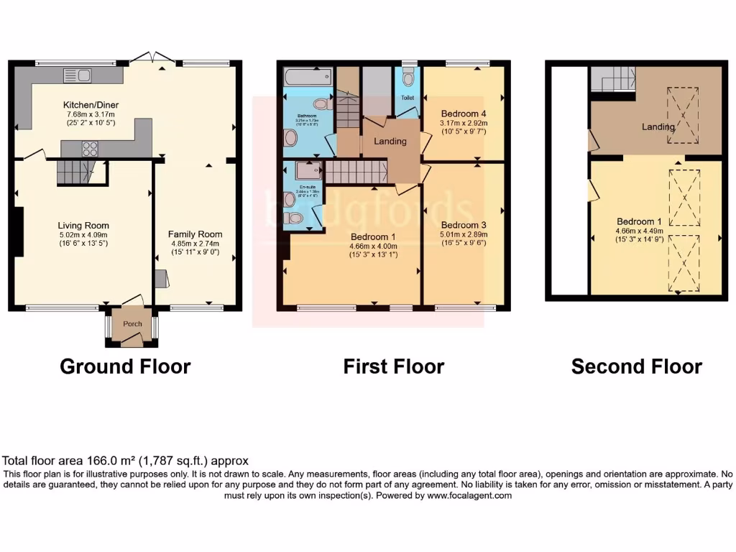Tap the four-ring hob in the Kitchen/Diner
pos(91,148)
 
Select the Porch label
pos(132,323)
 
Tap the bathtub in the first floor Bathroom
pos(308,76)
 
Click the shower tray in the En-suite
pos(308,170)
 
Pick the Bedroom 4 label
pos(463,114)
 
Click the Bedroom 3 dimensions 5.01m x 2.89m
pos(464,234)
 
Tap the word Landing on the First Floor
pos(390,141)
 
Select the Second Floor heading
pos(636,367)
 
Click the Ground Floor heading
pos(125,367)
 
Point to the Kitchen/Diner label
pos(91,105)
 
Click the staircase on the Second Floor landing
pos(613,78)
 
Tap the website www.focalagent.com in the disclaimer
pos(469,496)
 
